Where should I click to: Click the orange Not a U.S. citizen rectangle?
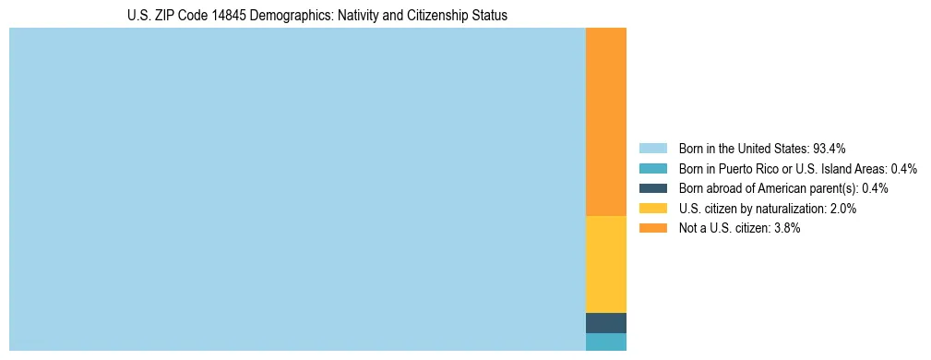click(605, 121)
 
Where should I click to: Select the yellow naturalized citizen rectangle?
click(605, 264)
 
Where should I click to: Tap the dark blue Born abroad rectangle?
click(605, 323)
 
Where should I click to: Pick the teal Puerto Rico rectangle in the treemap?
click(605, 342)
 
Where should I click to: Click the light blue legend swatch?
click(652, 148)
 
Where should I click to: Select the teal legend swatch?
click(652, 168)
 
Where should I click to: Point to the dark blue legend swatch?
click(652, 188)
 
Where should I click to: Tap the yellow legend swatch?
click(652, 209)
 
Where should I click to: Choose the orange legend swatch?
click(652, 228)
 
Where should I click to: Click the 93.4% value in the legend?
click(830, 148)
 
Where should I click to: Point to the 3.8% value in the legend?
click(787, 228)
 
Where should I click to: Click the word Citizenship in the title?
click(413, 16)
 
